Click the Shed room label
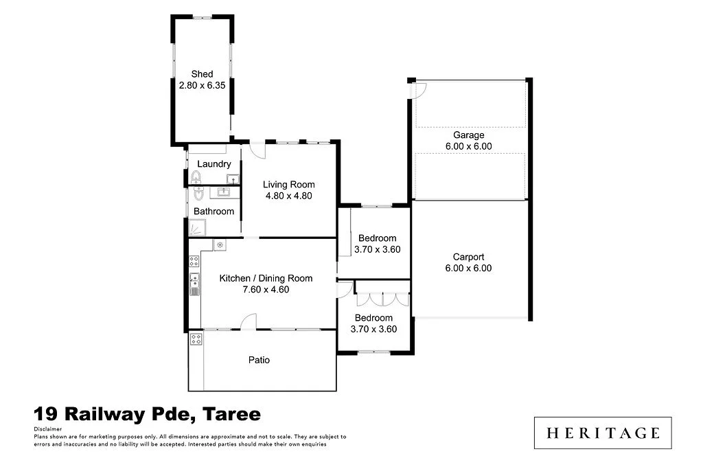tap(202, 74)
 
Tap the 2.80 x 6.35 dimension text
tap(202, 86)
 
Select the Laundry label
tap(214, 164)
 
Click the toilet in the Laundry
tap(197, 177)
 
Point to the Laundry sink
tap(232, 179)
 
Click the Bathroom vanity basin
tap(224, 193)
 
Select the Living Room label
tap(289, 184)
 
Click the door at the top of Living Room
tap(257, 150)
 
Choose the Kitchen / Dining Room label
tap(266, 278)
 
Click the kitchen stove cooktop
tap(194, 261)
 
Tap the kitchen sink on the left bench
tap(194, 282)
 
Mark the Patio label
tap(259, 360)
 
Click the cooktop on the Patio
tap(196, 338)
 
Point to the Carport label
tap(468, 258)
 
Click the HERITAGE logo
tap(603, 433)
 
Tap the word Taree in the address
tap(233, 414)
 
